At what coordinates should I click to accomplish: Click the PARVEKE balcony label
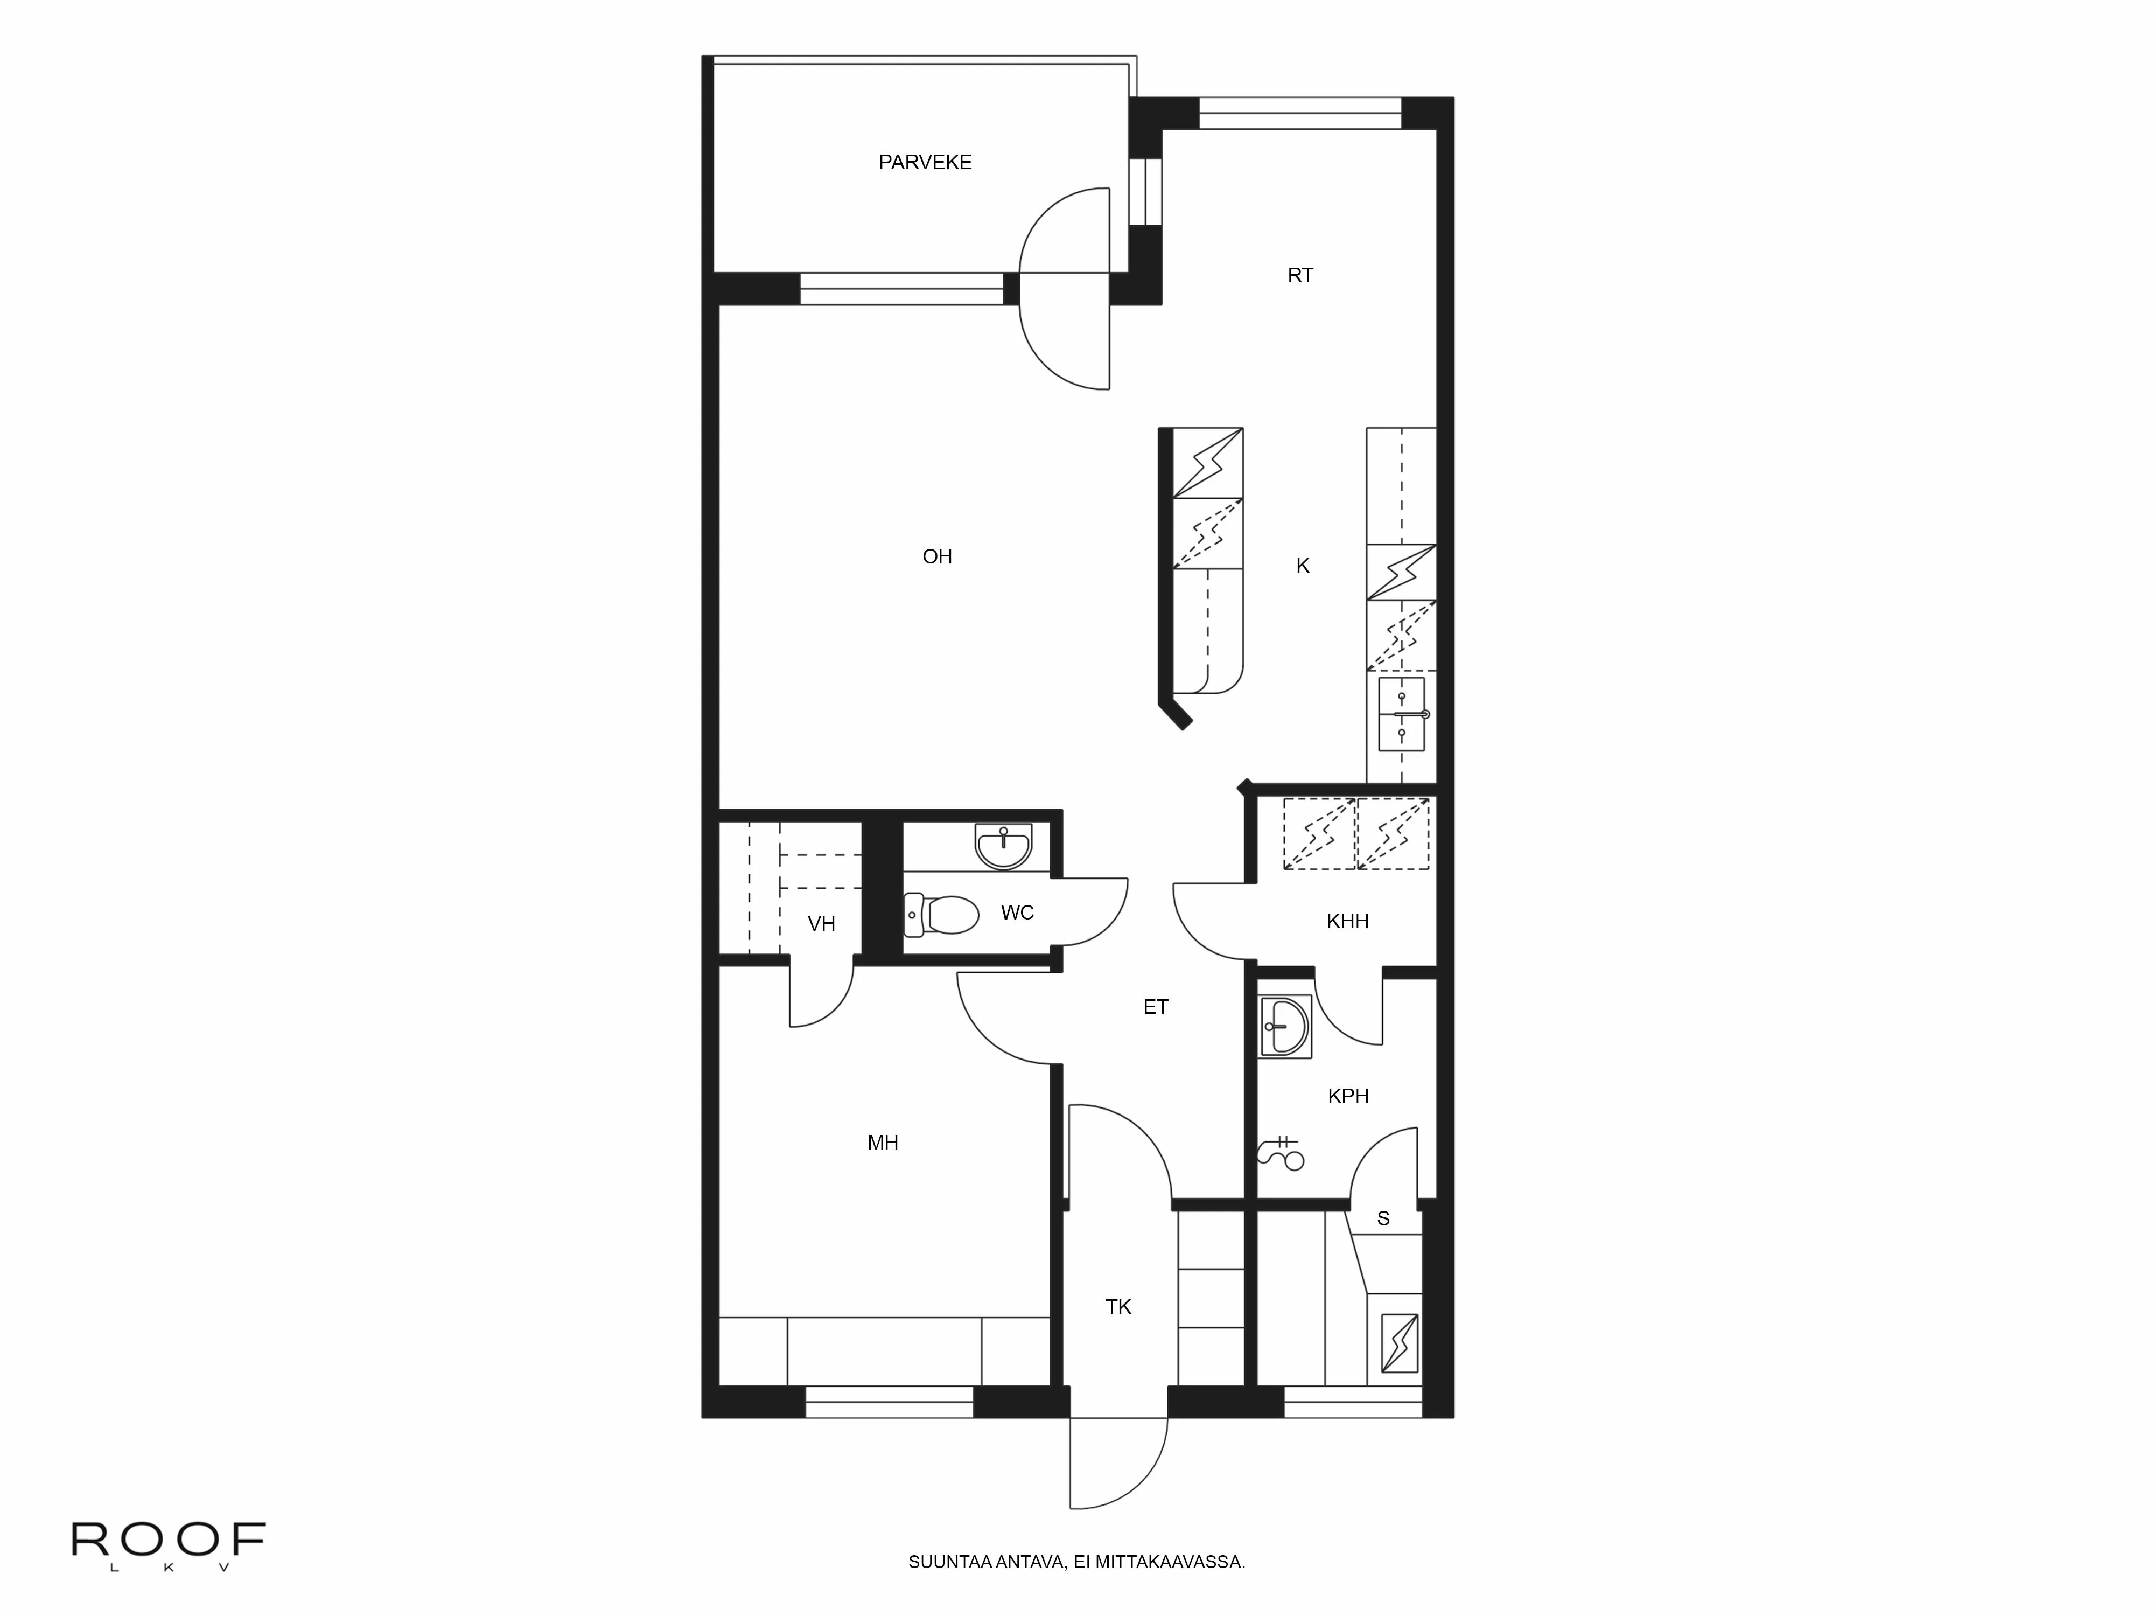pos(925,163)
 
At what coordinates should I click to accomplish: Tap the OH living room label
pos(937,556)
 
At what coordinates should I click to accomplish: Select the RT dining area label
pos(1300,276)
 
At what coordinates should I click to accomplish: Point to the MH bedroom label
pos(882,1143)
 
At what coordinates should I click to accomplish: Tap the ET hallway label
pos(1156,1007)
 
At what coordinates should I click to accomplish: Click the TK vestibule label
pos(1118,1307)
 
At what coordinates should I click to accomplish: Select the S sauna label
pos(1383,1218)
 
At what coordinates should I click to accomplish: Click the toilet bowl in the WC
pos(945,915)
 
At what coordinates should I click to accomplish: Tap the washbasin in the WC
pos(1003,846)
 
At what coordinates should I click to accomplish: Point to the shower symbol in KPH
pos(1283,1153)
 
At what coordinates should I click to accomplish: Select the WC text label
pos(1018,913)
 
